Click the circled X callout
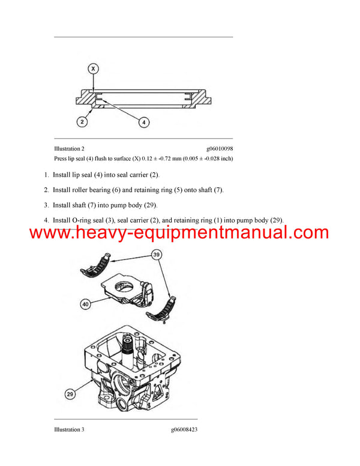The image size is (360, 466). coord(93,69)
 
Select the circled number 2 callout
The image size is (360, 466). coord(82,122)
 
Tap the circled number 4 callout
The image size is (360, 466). coord(144,123)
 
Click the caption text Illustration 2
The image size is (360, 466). coord(70,148)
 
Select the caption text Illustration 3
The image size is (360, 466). coord(70,430)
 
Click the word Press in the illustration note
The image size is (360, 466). coord(62,159)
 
